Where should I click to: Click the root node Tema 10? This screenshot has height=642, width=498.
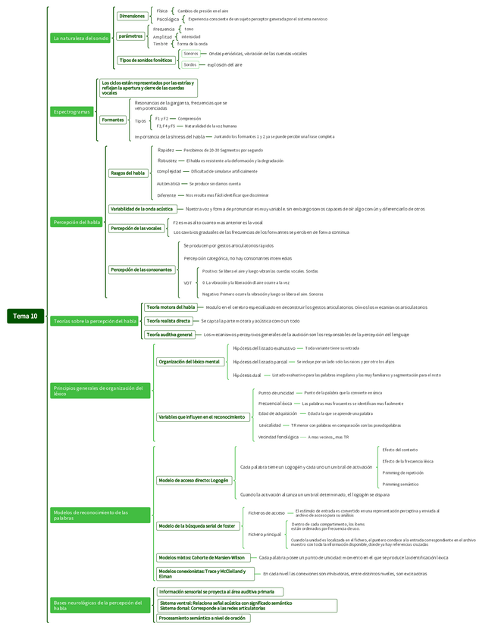[25, 316]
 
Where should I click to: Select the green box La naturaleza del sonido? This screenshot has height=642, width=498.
[81, 38]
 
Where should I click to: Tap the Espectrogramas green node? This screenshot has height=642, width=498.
[72, 112]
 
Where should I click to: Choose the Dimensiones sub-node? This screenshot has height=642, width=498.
[132, 16]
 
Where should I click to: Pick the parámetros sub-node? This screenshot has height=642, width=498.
[130, 36]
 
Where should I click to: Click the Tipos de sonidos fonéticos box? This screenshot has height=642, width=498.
[146, 60]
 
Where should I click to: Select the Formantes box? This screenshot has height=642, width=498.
[113, 120]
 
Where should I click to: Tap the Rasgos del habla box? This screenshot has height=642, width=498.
[127, 173]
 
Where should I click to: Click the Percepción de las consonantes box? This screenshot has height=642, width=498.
[141, 270]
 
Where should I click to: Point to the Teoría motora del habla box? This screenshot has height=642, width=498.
[171, 307]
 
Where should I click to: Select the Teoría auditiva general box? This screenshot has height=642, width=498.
[169, 334]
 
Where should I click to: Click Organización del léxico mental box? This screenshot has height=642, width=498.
[189, 362]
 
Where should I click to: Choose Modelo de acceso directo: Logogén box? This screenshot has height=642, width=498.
[193, 480]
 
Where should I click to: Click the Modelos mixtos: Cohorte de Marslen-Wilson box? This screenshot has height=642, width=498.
[202, 557]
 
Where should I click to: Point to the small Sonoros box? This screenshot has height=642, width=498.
[190, 54]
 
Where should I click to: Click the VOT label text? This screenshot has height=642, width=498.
[187, 282]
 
